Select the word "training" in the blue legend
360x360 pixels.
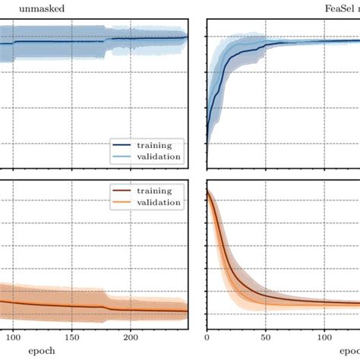[x=153, y=144]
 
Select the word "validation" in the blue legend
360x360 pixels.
[x=158, y=156]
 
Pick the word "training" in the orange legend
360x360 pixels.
[x=153, y=191]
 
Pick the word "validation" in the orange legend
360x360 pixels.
[x=158, y=203]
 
